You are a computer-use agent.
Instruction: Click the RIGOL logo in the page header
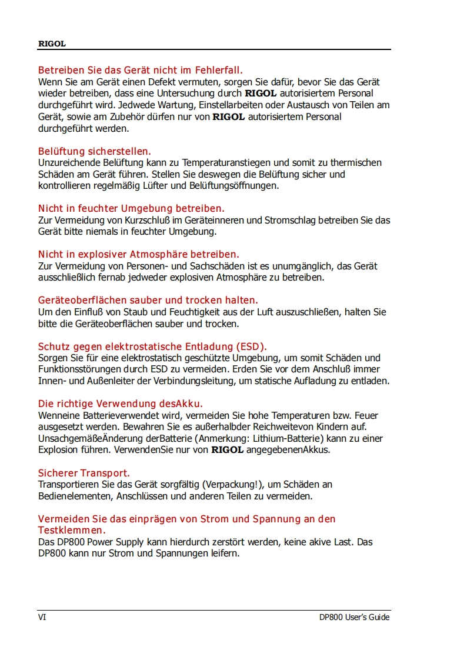52,44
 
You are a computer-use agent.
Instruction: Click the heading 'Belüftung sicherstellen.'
95,151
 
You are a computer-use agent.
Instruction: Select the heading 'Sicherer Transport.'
84,473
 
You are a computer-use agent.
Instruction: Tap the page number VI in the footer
42,617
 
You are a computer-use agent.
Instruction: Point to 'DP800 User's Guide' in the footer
354,617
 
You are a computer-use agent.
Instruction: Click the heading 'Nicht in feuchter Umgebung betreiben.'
131,208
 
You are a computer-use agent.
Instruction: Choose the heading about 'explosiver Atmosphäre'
139,254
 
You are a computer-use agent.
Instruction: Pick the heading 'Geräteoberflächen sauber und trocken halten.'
148,300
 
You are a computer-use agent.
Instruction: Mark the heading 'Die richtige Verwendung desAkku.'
121,404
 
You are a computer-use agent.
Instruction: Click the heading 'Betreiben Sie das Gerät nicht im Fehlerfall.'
141,71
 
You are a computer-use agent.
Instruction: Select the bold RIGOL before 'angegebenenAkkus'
228,450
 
